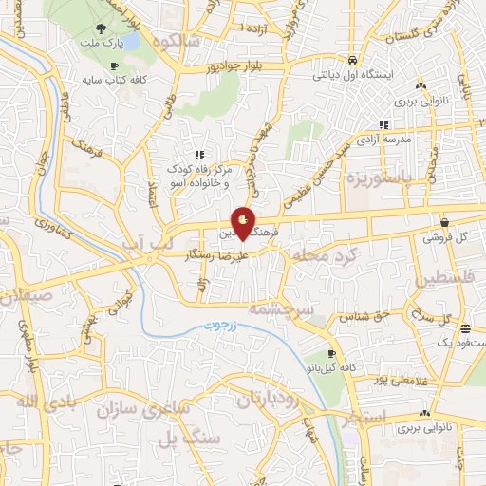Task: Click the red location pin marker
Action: coord(244,226)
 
